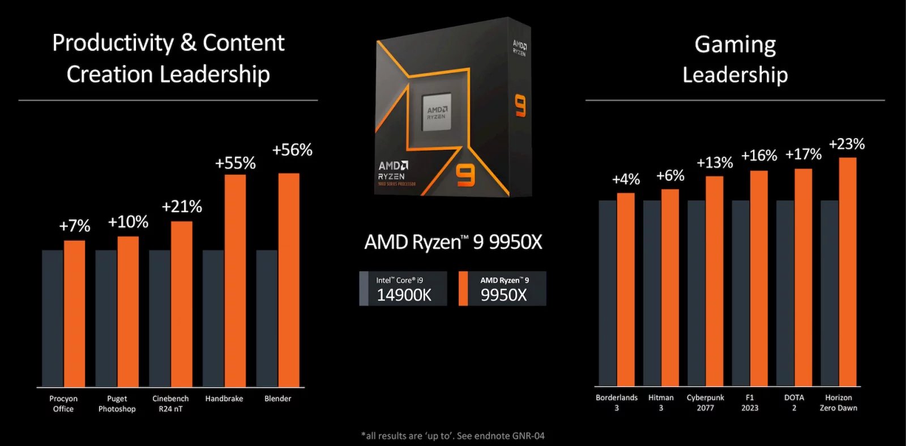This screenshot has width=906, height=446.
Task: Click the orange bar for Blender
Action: (289, 280)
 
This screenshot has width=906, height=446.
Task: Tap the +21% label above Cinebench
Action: (182, 207)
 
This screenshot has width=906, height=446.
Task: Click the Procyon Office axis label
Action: (63, 404)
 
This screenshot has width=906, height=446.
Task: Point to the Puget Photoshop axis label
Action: (117, 404)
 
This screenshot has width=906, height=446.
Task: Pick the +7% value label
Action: (75, 226)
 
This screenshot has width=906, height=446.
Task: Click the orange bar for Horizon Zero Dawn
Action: (847, 272)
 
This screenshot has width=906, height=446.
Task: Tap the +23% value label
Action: (847, 144)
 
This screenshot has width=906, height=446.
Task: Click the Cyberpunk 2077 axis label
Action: (705, 402)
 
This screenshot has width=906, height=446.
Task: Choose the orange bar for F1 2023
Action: (759, 278)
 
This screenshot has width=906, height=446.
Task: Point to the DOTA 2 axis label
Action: (794, 402)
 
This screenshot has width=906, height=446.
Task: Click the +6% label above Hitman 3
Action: (670, 176)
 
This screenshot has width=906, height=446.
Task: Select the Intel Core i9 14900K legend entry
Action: (403, 289)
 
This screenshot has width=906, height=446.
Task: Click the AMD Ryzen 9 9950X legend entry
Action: (502, 289)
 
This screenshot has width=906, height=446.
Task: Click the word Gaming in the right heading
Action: (735, 44)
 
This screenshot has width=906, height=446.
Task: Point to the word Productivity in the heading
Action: (113, 43)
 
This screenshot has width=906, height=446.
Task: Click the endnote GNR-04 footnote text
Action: (453, 436)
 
